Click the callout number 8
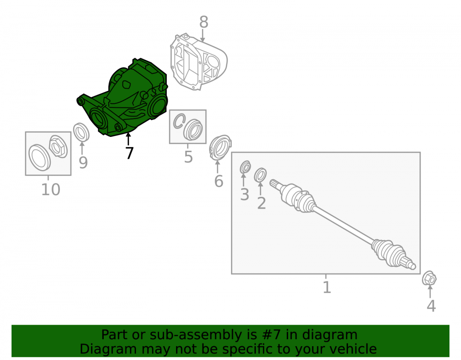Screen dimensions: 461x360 tap(204, 22)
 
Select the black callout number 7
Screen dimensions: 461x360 tap(130, 153)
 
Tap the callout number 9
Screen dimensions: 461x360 tap(83, 163)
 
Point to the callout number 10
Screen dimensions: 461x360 tap(51, 189)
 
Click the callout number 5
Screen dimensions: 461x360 tap(189, 157)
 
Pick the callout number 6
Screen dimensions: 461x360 tap(219, 181)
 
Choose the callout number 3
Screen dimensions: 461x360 tap(245, 195)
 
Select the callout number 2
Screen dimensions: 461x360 tap(261, 203)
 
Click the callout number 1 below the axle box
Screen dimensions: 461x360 tap(327, 287)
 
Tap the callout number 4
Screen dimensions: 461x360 tap(431, 306)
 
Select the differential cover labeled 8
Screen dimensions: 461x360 tap(198, 62)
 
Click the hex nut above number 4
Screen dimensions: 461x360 tap(429, 278)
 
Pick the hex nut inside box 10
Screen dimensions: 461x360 tap(59, 147)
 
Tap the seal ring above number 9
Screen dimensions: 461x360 tap(81, 132)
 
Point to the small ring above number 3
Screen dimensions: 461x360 tap(245, 167)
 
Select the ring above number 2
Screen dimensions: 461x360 tap(260, 175)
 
